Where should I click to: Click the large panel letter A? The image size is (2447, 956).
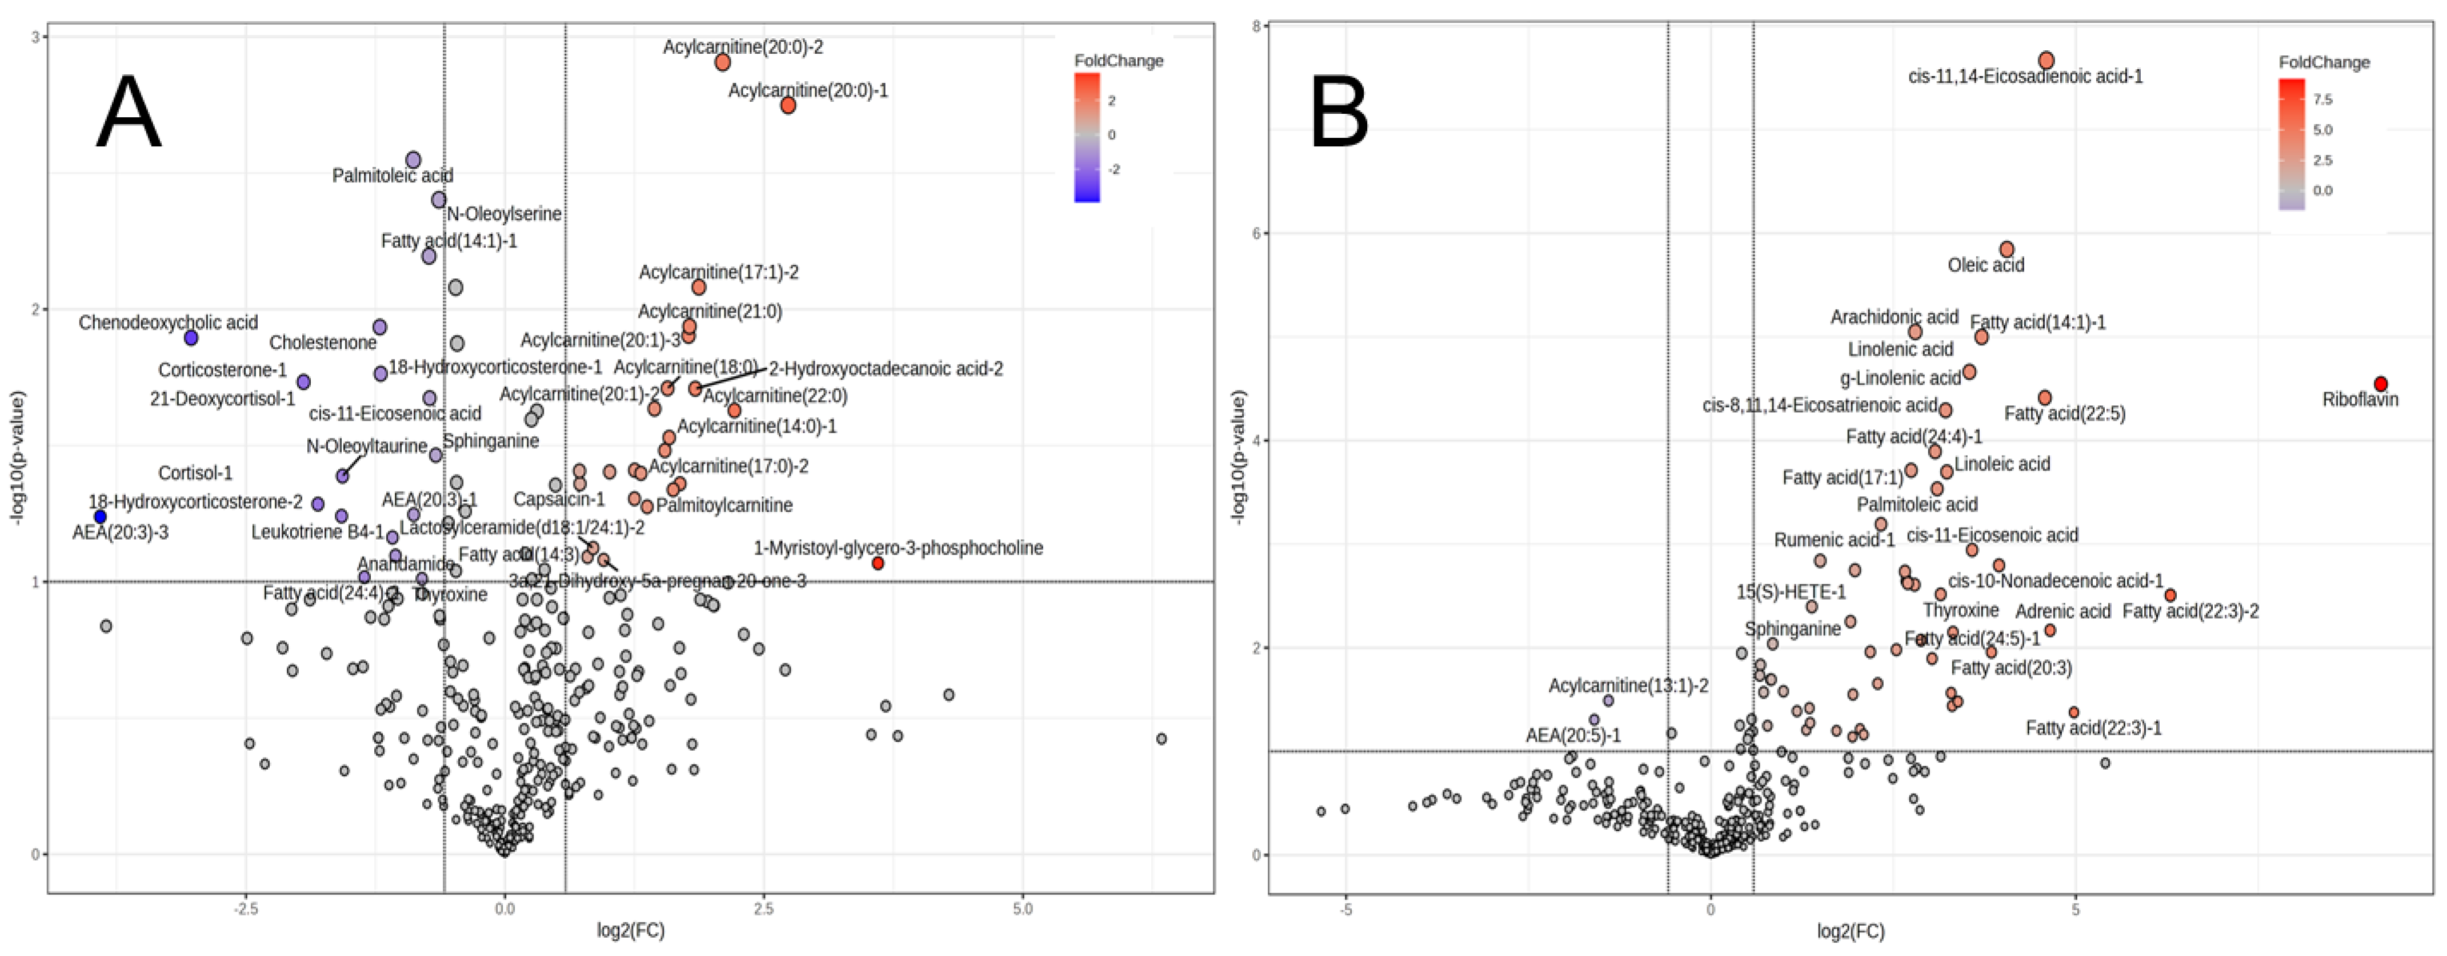[x=129, y=113]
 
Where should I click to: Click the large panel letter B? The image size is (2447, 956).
[x=1339, y=113]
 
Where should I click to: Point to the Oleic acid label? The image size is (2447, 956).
[x=1985, y=265]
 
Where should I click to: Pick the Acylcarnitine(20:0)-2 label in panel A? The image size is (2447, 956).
[x=743, y=46]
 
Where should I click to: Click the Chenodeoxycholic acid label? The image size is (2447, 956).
[x=168, y=323]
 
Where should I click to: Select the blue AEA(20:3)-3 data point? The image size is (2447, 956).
[x=101, y=516]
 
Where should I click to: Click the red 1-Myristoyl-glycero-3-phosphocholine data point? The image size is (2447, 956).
[x=878, y=564]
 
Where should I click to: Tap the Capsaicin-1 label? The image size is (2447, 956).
[x=559, y=500]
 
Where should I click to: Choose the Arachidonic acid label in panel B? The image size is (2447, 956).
[x=1894, y=317]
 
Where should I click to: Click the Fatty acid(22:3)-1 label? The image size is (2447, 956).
[x=2093, y=728]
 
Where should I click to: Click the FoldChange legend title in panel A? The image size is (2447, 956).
[x=1118, y=61]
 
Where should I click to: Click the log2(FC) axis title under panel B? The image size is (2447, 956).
[x=1851, y=931]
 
